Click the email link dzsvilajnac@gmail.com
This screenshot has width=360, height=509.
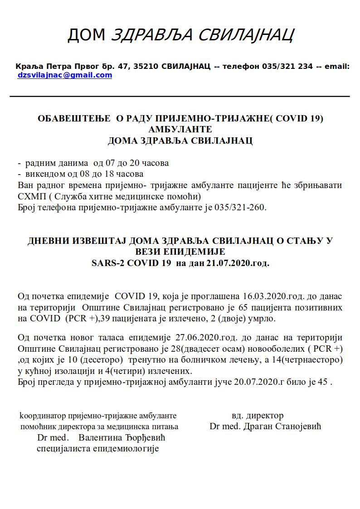[64, 75]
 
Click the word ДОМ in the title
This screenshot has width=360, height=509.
[86, 34]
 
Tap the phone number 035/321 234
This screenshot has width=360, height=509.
[287, 66]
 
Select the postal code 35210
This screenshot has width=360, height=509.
[144, 66]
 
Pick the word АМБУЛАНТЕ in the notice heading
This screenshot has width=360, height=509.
[180, 130]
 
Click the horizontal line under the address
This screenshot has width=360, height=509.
[180, 97]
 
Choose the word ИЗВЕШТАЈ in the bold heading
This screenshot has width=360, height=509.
[102, 241]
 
